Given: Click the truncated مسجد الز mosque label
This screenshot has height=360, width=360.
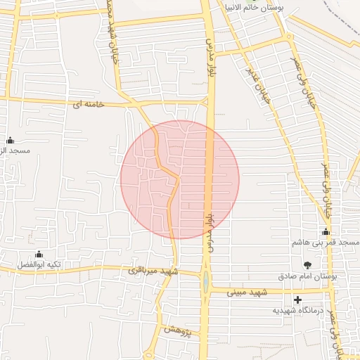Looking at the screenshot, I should [x=15, y=151].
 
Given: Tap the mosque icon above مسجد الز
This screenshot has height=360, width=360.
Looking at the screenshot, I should [x=10, y=140].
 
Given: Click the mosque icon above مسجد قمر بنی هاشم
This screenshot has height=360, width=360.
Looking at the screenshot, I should [x=326, y=231].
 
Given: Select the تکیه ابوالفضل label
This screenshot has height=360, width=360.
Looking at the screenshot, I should [x=39, y=265].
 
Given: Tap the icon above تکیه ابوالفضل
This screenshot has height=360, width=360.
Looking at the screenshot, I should [x=39, y=254].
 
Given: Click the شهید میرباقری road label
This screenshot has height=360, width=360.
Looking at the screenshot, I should [x=154, y=271].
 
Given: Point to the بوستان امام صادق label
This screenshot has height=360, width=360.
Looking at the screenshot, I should [x=307, y=277].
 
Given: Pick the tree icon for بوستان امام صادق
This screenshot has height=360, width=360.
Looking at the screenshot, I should [x=307, y=265].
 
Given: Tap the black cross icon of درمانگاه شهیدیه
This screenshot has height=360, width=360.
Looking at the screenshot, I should [x=298, y=300].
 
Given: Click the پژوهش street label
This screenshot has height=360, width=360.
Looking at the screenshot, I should [x=178, y=330].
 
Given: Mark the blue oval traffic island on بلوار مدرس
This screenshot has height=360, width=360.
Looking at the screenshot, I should [x=205, y=282].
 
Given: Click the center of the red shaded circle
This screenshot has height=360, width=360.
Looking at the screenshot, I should [x=180, y=179].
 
